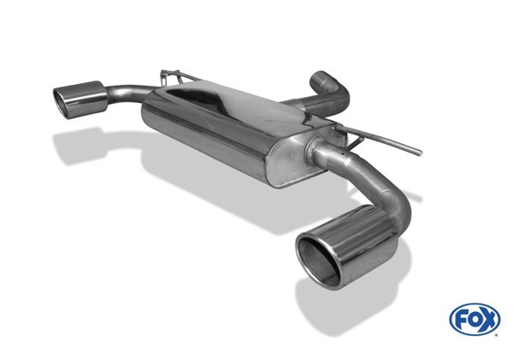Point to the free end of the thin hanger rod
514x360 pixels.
pos(420,154)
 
